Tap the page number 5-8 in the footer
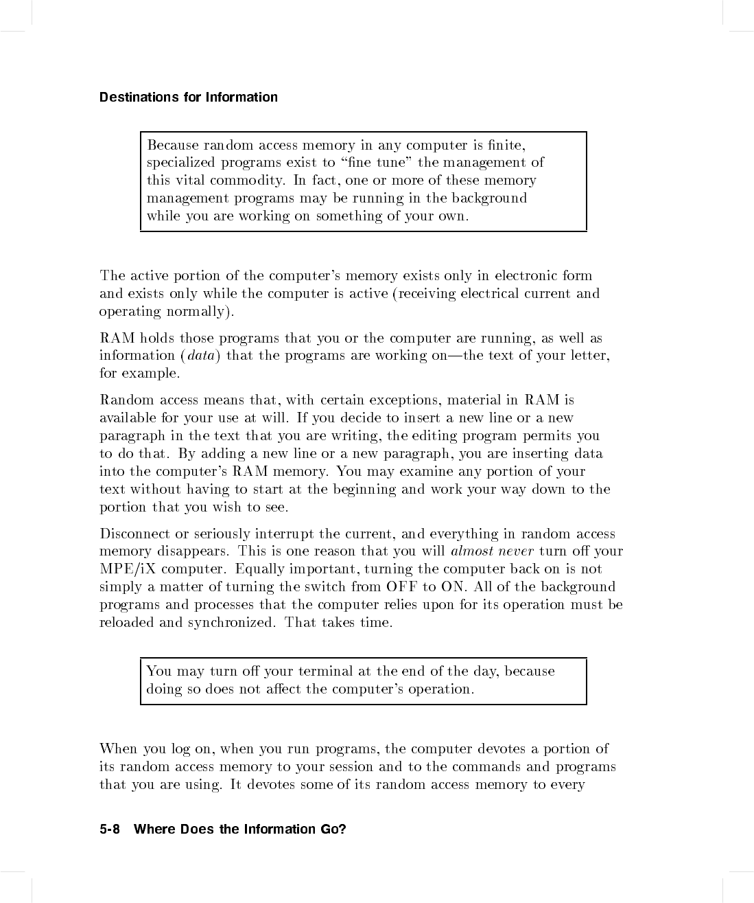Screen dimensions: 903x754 pyautogui.click(x=110, y=830)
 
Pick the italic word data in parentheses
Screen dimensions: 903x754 pyautogui.click(x=200, y=356)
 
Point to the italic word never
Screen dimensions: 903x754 pyautogui.click(x=516, y=551)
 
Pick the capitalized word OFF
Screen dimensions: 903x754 pyautogui.click(x=402, y=587)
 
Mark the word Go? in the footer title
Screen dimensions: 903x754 pyautogui.click(x=333, y=830)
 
